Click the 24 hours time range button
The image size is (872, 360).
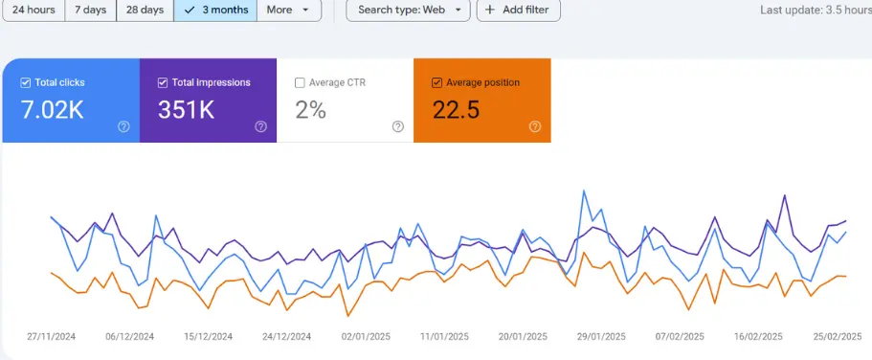click(x=33, y=10)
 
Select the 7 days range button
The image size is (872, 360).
click(x=91, y=10)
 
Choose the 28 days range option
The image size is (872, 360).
click(x=145, y=10)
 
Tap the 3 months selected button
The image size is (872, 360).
click(x=215, y=10)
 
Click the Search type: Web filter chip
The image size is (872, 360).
click(x=408, y=10)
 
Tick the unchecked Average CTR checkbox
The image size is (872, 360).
click(x=300, y=82)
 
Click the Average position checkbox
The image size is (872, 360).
click(x=437, y=82)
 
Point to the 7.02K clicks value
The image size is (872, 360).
click(x=53, y=110)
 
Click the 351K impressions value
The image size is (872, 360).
click(x=186, y=110)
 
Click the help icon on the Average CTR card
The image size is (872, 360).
click(x=398, y=126)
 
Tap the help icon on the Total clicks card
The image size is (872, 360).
click(x=123, y=126)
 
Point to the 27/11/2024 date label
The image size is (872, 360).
click(x=51, y=337)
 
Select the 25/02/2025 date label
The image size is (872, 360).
click(x=838, y=337)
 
